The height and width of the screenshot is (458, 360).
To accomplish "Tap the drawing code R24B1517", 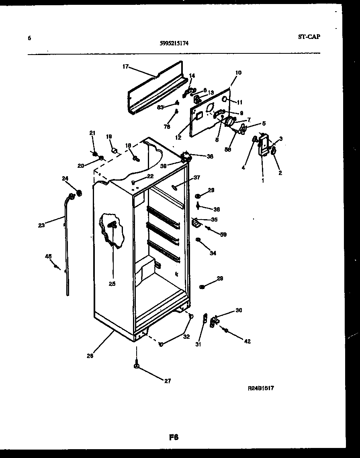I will point(261,388).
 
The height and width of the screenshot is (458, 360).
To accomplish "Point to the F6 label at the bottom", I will point(174,437).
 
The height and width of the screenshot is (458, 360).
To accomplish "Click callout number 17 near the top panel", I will point(125,67).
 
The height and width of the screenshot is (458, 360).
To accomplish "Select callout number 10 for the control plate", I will point(238,73).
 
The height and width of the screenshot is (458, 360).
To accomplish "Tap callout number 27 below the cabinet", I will point(167,381).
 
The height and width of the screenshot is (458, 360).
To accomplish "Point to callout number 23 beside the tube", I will point(41,225).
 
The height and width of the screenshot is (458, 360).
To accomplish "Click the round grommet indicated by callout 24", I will point(79,193).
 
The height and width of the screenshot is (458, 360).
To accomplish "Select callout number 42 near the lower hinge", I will point(247,341).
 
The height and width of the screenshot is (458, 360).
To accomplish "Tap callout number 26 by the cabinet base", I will point(90,355).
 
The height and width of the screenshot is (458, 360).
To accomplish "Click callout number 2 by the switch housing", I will point(280,173).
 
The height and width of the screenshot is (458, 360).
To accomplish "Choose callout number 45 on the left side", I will point(48,256).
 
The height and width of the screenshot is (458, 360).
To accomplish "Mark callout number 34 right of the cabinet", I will point(213,253).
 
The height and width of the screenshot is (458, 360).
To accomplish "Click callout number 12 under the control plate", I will point(178,137).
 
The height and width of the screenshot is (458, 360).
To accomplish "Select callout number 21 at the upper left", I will point(92,133).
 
